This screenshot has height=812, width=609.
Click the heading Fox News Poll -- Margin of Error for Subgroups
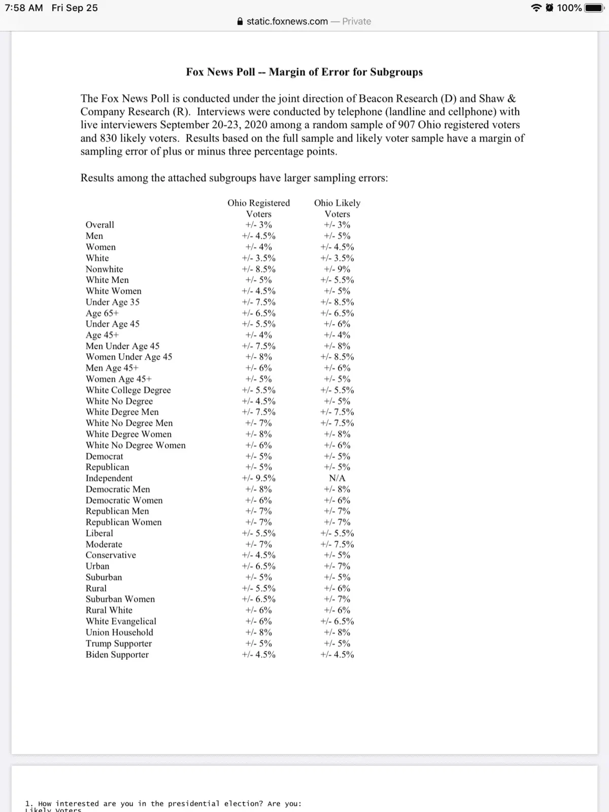pos(304,72)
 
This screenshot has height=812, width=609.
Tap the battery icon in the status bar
pos(594,8)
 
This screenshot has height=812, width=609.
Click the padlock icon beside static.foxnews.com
pos(240,21)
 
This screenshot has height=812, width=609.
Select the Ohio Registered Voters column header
pos(258,208)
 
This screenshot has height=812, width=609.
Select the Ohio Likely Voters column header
pos(337,208)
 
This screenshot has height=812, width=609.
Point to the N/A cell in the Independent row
pos(337,478)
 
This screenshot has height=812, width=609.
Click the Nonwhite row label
pos(104,269)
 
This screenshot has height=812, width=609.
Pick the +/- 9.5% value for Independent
pos(258,478)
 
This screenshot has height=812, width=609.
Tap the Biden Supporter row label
pos(117,654)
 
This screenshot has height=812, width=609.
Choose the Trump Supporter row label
pos(119,644)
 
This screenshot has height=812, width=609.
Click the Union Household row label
pos(119,632)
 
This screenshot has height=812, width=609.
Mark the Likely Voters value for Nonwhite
pos(337,269)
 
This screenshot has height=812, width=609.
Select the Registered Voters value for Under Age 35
pos(258,302)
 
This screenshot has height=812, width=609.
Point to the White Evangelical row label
pos(121,621)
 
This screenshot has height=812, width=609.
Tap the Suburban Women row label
pos(120,599)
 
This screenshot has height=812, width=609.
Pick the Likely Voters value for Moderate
pos(337,544)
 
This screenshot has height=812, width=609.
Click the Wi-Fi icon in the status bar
pos(536,8)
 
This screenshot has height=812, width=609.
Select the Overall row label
pos(100,225)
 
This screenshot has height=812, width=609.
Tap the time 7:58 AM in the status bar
pos(23,8)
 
